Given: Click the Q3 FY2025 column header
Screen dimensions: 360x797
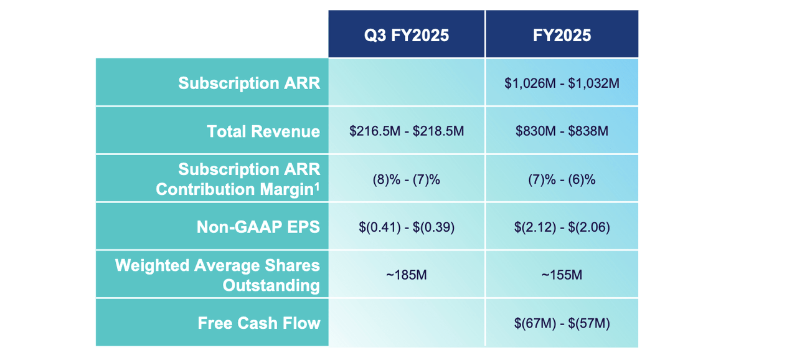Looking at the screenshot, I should coord(407,35).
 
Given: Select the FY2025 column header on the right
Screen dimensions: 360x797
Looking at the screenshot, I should coord(562,35).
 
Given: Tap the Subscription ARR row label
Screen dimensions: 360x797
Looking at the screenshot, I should coord(249,83).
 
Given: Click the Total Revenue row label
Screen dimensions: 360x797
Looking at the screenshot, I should coord(263,131).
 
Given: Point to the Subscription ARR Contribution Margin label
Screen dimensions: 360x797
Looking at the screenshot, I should coord(238,179).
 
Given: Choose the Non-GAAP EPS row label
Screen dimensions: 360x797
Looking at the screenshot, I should coord(258,227).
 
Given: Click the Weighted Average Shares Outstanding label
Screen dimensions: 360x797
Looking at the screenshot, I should coord(217,275).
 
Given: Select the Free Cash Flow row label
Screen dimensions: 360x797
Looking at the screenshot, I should coord(259,323).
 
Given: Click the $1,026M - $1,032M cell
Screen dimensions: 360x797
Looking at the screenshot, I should coord(562,83).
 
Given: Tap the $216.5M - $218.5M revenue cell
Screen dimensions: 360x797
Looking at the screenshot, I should coord(407,131).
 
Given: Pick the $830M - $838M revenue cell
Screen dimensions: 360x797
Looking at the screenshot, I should coord(562,131).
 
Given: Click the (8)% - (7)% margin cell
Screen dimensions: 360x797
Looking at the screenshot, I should coord(407,179).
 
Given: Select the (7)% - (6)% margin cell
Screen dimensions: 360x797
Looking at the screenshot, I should coord(562,179).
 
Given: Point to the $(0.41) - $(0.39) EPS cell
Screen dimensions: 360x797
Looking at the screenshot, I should coord(407,227).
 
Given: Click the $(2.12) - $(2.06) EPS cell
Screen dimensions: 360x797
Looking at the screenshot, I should coord(562,227).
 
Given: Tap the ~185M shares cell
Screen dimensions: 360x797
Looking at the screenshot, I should coord(407,275).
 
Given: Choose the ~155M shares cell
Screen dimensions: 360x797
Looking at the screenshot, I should coord(562,275).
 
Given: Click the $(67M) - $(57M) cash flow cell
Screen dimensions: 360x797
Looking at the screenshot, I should coord(562,323).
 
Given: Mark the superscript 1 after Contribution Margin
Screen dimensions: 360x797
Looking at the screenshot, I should coord(317,185).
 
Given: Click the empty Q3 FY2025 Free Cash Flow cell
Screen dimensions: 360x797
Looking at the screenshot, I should coord(407,323).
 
